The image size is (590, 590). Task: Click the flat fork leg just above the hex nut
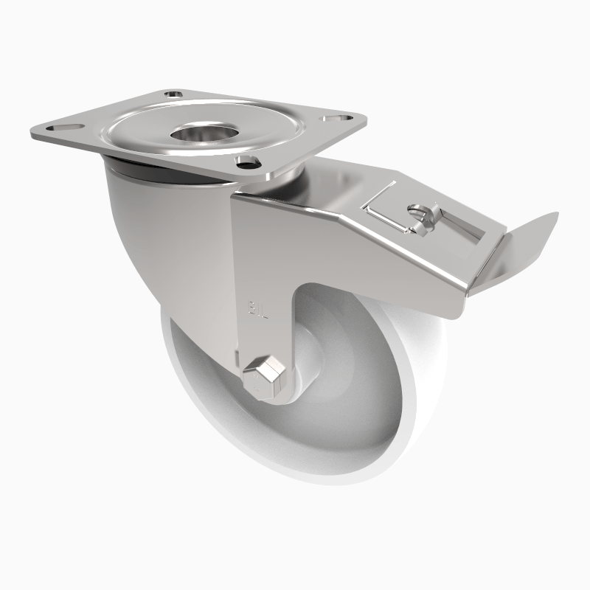point(262,339)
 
